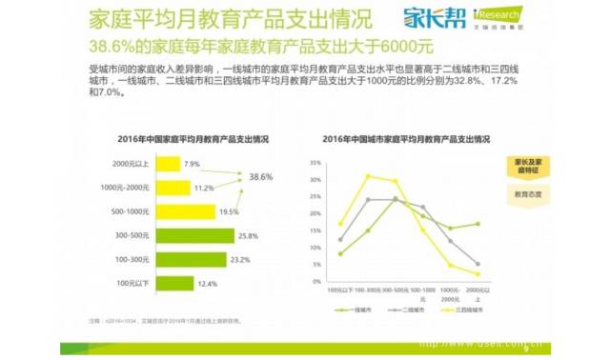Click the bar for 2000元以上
click(169, 165)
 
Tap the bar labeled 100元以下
click(174, 283)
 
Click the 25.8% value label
click(249, 235)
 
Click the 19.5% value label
click(230, 211)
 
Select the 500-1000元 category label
click(132, 211)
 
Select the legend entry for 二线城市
click(407, 310)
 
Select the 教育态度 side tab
click(529, 195)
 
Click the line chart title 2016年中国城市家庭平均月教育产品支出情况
click(406, 139)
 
